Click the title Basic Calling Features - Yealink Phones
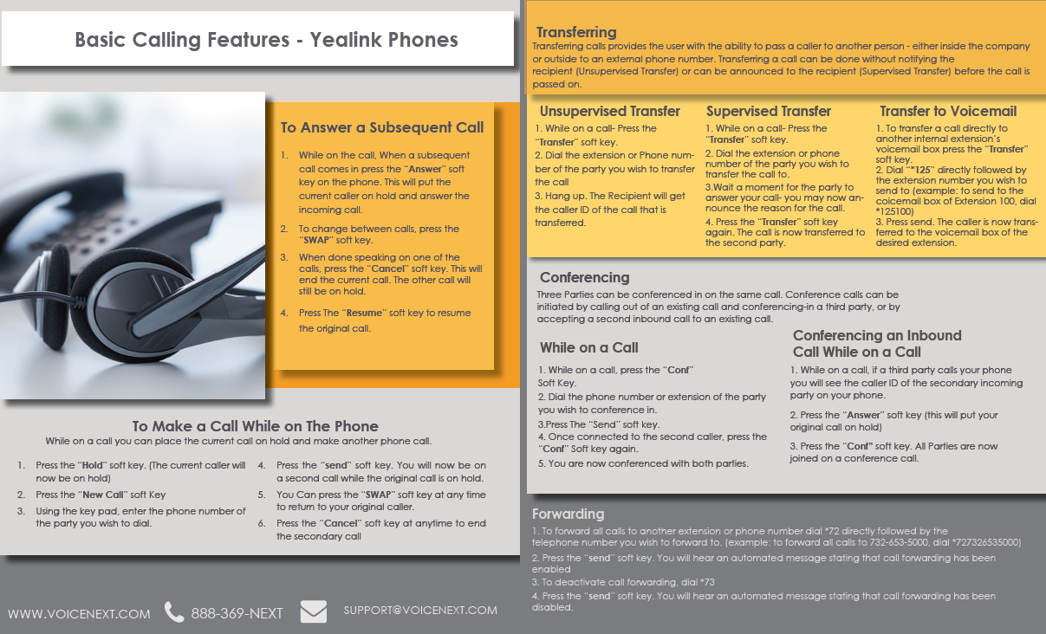266,39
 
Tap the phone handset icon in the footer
174,612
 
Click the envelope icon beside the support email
314,611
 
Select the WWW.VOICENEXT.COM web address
79,613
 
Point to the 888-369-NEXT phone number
237,613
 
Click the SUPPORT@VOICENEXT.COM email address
420,610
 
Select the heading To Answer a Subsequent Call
381,127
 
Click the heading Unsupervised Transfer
609,111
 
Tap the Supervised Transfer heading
768,111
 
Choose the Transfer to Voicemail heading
948,111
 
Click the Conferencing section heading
584,277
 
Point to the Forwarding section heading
568,514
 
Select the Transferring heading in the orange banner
576,32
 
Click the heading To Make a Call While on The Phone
255,426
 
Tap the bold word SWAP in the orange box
315,240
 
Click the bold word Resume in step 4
364,313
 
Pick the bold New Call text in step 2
103,495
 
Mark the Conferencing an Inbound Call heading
876,343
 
